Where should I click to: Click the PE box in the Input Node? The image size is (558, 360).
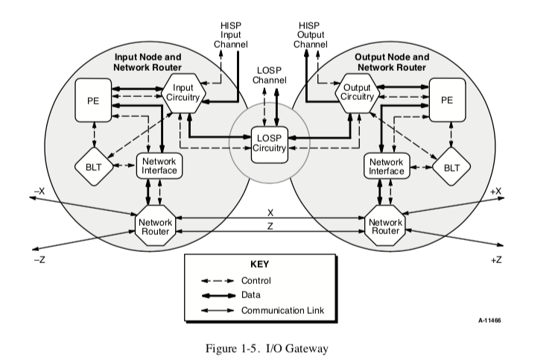pos(94,100)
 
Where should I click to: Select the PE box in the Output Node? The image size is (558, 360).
pos(447,100)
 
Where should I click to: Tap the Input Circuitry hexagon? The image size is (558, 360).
pos(183,93)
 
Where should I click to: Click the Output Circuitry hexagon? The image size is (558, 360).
pos(358,95)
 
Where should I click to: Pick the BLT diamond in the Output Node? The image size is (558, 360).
pos(451,168)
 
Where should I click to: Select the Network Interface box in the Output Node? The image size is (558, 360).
pos(386,165)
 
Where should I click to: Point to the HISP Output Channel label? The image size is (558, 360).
pos(310,35)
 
